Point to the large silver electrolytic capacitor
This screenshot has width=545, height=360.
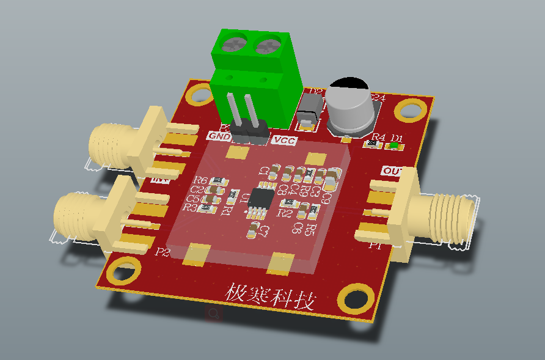click(x=348, y=109)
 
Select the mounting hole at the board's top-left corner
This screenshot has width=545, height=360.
click(x=199, y=94)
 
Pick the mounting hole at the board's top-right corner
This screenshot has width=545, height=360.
click(x=410, y=109)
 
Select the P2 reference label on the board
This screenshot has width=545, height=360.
click(x=163, y=252)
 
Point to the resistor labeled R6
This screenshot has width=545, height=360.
click(x=219, y=182)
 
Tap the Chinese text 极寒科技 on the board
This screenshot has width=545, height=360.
click(x=271, y=297)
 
